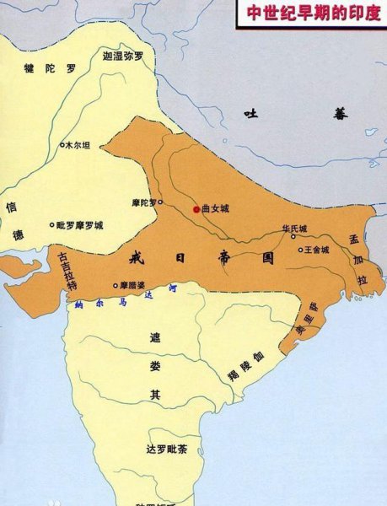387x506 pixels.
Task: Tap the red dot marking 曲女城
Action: [x=196, y=208]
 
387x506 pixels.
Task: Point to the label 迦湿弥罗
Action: [x=123, y=57]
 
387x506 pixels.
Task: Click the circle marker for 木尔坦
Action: [x=62, y=145]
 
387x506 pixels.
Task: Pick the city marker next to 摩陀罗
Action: [x=160, y=202]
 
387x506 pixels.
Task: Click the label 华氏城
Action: [x=294, y=229]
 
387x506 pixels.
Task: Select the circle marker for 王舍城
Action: [x=301, y=249]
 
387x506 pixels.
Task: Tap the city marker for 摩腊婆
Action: [x=116, y=285]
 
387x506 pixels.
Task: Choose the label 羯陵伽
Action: [x=246, y=367]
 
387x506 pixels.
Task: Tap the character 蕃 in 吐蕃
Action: [x=340, y=114]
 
